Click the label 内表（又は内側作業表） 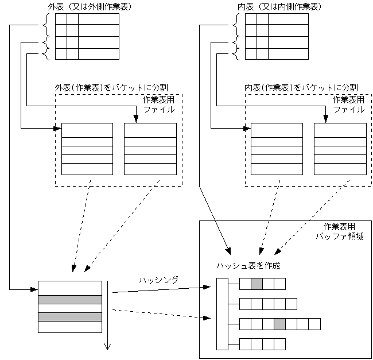click(x=279, y=7)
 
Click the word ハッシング click(x=158, y=280)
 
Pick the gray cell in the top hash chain click(x=257, y=283)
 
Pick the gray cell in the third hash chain click(x=279, y=324)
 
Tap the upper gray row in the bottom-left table click(x=69, y=299)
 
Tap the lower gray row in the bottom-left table click(x=69, y=316)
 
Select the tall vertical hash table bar click(x=222, y=313)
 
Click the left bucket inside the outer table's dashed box click(x=87, y=149)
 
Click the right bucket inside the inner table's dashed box click(x=340, y=149)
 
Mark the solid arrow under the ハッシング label click(x=161, y=289)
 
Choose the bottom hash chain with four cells click(x=262, y=344)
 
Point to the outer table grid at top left click(x=87, y=36)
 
